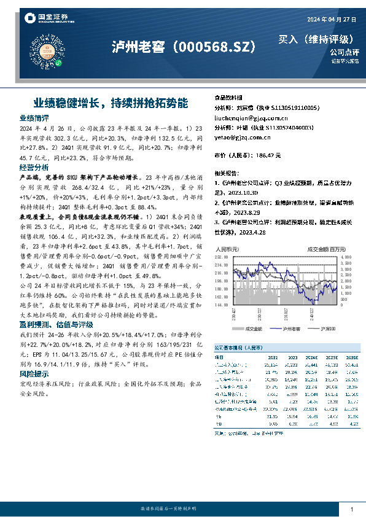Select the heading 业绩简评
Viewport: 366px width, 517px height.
(34, 117)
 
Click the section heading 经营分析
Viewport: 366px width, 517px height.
(34, 167)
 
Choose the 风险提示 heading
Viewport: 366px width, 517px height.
(34, 373)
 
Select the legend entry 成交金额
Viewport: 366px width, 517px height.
(253, 330)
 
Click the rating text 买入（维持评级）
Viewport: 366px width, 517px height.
(316, 39)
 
